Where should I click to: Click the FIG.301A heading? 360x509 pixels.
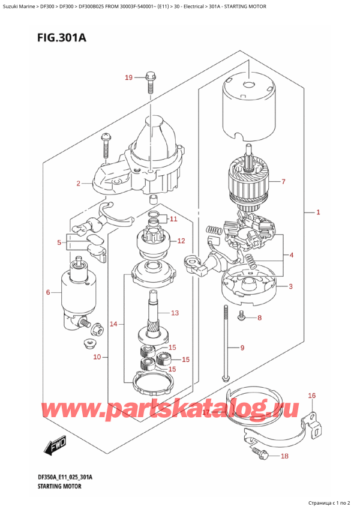[49, 38]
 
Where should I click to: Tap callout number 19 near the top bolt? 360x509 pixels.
[128, 77]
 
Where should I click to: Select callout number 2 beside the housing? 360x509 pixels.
[79, 183]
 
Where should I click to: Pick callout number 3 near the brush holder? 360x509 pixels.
[290, 286]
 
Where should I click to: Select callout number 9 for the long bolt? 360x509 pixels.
[242, 348]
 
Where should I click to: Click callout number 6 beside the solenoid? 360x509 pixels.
[48, 292]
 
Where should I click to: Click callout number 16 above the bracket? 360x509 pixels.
[175, 313]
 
